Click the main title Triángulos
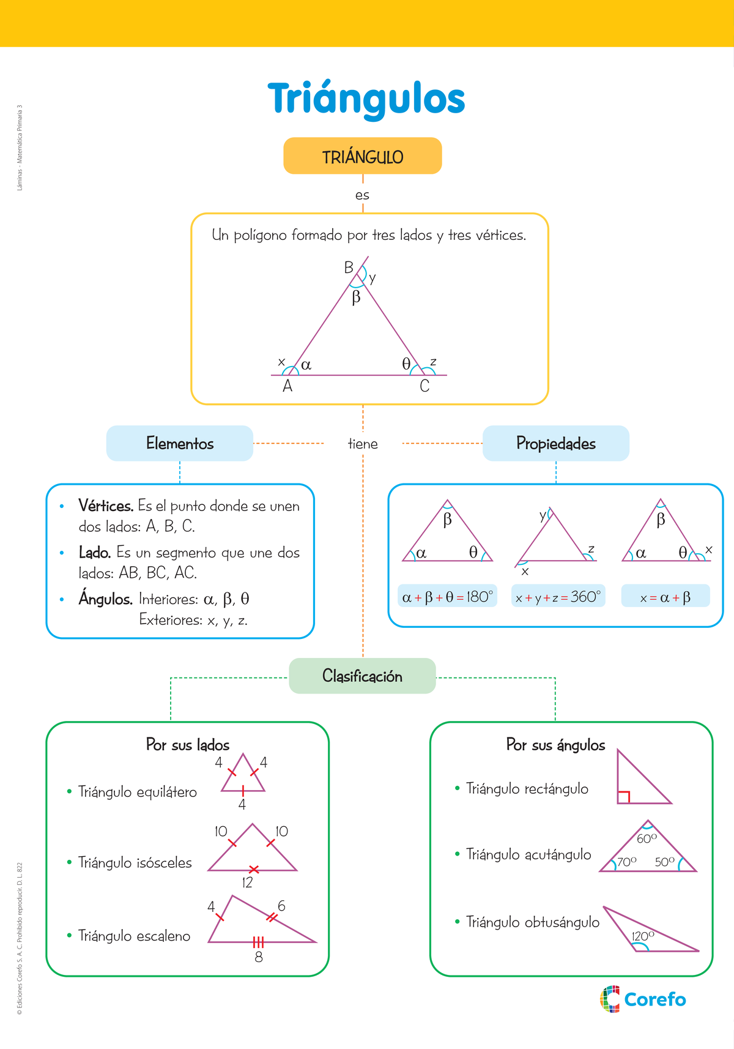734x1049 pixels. [366, 99]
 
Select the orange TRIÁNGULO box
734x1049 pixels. [362, 156]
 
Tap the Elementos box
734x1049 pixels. [179, 443]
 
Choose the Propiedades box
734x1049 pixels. [555, 443]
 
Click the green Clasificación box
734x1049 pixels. [362, 676]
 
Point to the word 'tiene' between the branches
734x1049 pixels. [363, 444]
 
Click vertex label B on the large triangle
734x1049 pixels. [349, 267]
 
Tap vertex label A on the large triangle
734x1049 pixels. [287, 386]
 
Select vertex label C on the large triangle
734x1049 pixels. [424, 386]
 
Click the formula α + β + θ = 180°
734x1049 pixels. [447, 596]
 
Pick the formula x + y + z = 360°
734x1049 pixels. [558, 596]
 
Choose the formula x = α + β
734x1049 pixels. [665, 597]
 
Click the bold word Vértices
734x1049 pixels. [106, 506]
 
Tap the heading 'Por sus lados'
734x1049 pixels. [188, 745]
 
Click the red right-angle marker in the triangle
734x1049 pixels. [624, 796]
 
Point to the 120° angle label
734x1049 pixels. [642, 936]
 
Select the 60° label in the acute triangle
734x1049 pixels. [647, 838]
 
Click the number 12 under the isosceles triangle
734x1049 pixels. [247, 883]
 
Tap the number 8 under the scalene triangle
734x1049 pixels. [259, 957]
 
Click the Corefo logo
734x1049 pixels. [643, 999]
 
